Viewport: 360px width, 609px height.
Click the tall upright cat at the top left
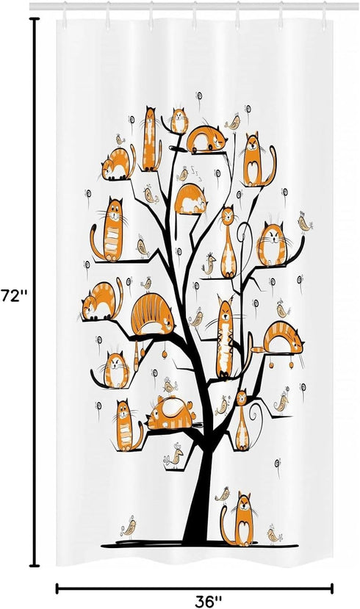pos(151,138)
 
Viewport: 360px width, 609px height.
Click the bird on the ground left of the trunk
pos(129,527)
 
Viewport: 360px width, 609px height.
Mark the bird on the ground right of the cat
pos(276,534)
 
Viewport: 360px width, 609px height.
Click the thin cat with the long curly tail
pos(242,422)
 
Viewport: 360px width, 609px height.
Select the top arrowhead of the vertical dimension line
pos(34,21)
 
